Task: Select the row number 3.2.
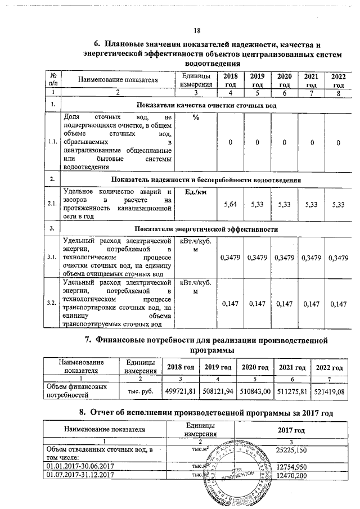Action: coord(52,303)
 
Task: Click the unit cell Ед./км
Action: coord(195,192)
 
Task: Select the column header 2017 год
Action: coord(291,430)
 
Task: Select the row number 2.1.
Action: coord(52,204)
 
